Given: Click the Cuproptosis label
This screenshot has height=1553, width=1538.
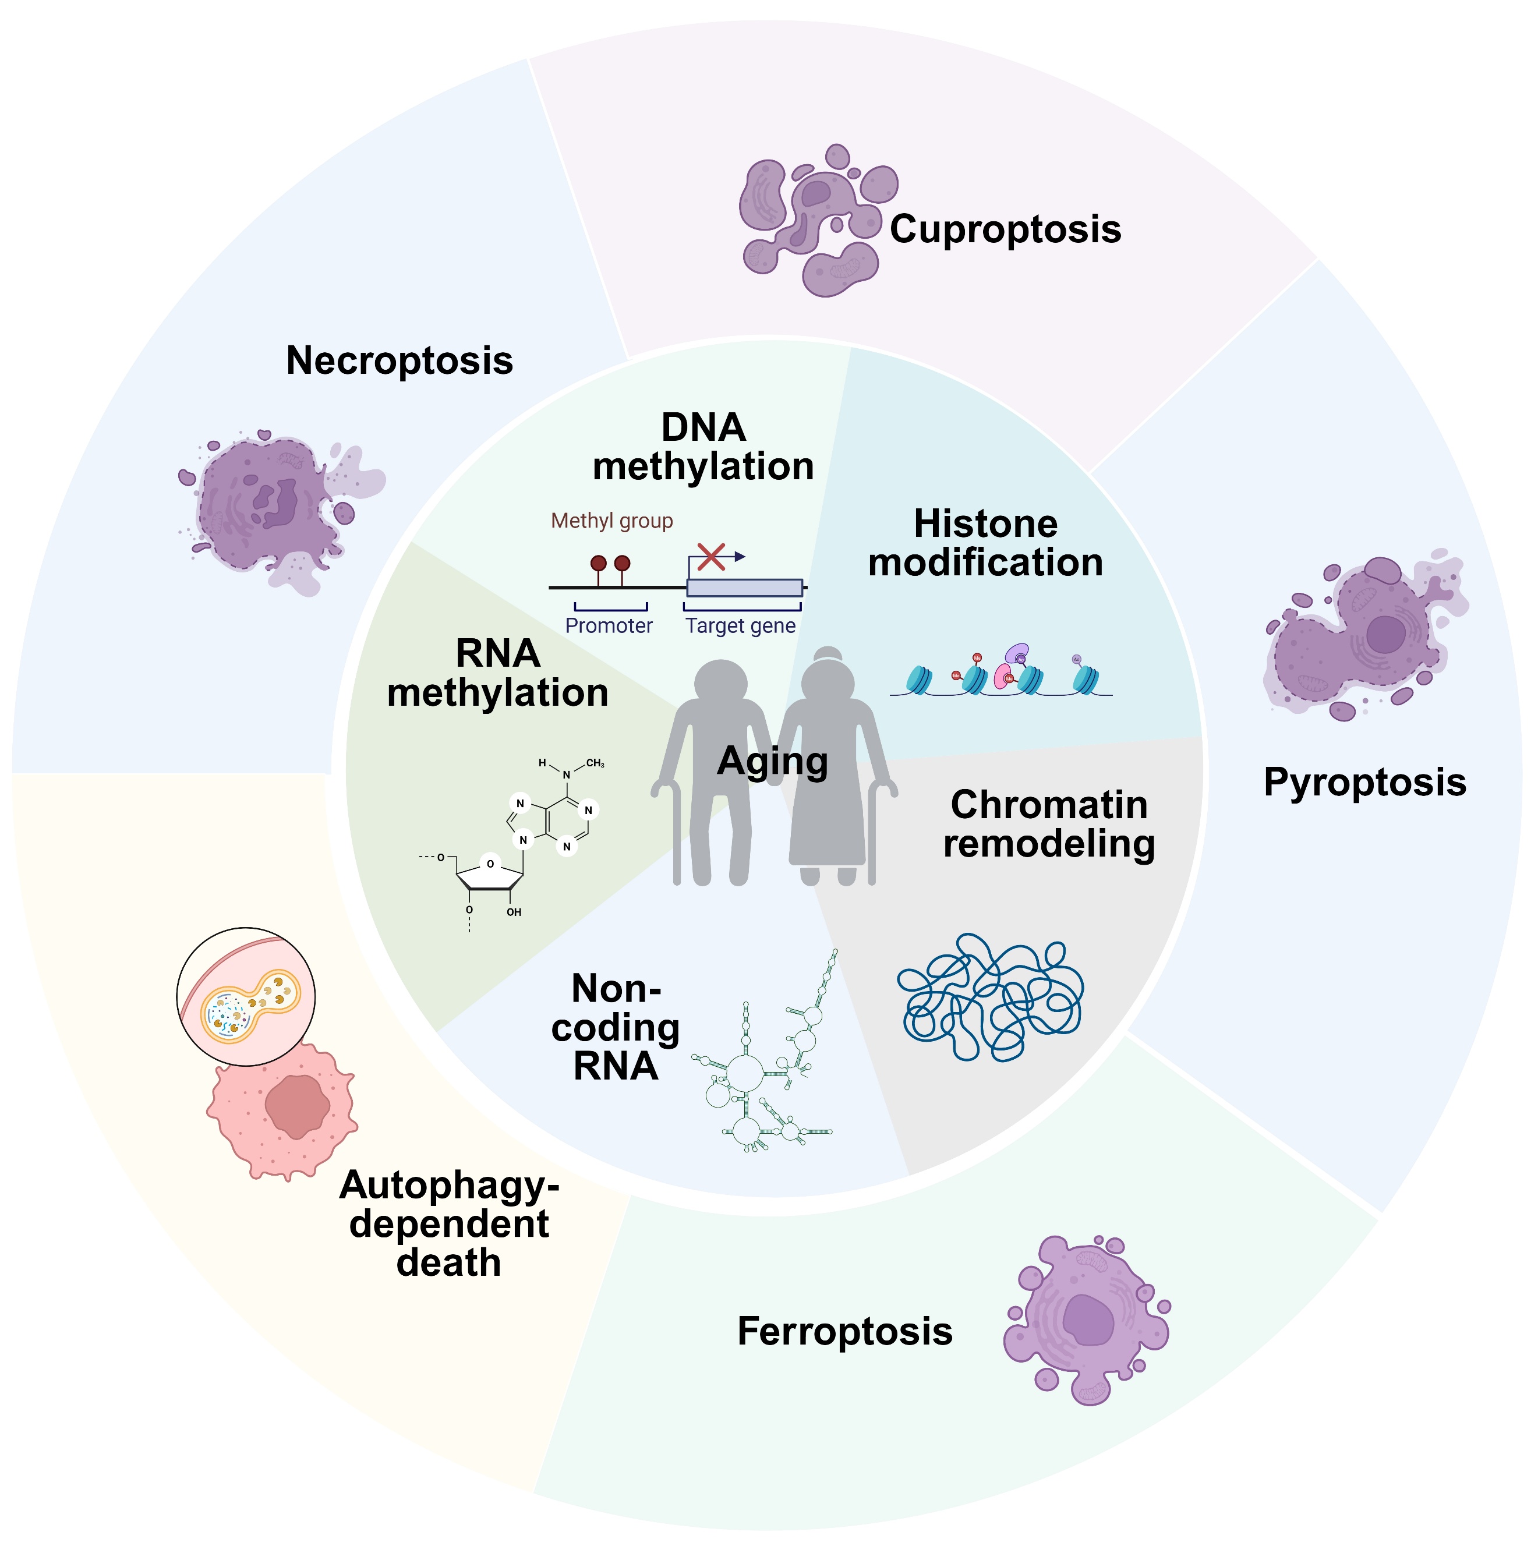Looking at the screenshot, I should [1005, 229].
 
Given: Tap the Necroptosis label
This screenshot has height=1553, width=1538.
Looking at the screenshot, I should [399, 360].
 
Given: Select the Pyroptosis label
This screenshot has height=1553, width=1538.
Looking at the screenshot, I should [1364, 782].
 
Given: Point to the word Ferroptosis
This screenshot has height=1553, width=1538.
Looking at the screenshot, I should [844, 1331].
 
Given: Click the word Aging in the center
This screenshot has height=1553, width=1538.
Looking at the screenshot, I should [772, 760].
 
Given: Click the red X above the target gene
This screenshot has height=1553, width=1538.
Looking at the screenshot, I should [710, 556].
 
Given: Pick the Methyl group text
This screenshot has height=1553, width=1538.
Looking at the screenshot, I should [611, 521].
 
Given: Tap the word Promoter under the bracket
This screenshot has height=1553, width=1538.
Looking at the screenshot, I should [609, 625].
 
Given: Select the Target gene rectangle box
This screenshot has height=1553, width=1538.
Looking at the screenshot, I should [744, 588].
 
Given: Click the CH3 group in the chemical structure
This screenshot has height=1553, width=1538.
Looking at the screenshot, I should [595, 763].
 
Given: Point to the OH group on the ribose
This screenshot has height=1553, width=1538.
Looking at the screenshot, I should [514, 912].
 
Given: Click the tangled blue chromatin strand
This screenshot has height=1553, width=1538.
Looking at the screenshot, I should [989, 997].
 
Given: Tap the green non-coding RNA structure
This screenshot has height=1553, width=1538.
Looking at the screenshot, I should [764, 1069].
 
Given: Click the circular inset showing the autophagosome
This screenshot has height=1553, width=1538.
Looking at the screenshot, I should [245, 997].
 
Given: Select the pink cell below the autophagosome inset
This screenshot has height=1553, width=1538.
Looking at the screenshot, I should [281, 1109].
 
